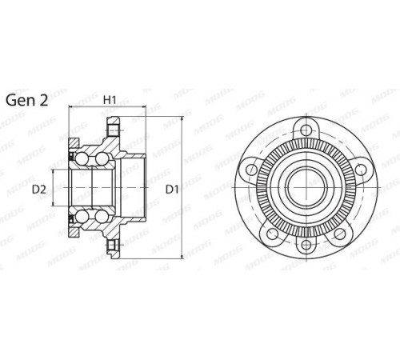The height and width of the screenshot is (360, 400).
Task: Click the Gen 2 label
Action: tap(26, 101)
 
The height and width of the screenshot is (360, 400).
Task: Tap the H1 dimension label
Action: tap(110, 100)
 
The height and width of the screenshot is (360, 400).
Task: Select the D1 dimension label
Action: tap(172, 190)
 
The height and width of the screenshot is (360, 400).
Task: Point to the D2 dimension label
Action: tap(39, 190)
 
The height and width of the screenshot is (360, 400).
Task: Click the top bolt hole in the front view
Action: tap(306, 130)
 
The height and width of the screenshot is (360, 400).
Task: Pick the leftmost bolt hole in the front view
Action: tap(251, 169)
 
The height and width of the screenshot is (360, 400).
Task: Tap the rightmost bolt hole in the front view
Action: tap(361, 169)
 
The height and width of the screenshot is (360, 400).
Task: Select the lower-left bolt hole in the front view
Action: tap(272, 234)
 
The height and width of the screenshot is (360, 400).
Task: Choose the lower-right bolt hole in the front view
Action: tap(340, 234)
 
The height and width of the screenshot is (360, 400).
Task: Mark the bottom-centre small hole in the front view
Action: tap(306, 244)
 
